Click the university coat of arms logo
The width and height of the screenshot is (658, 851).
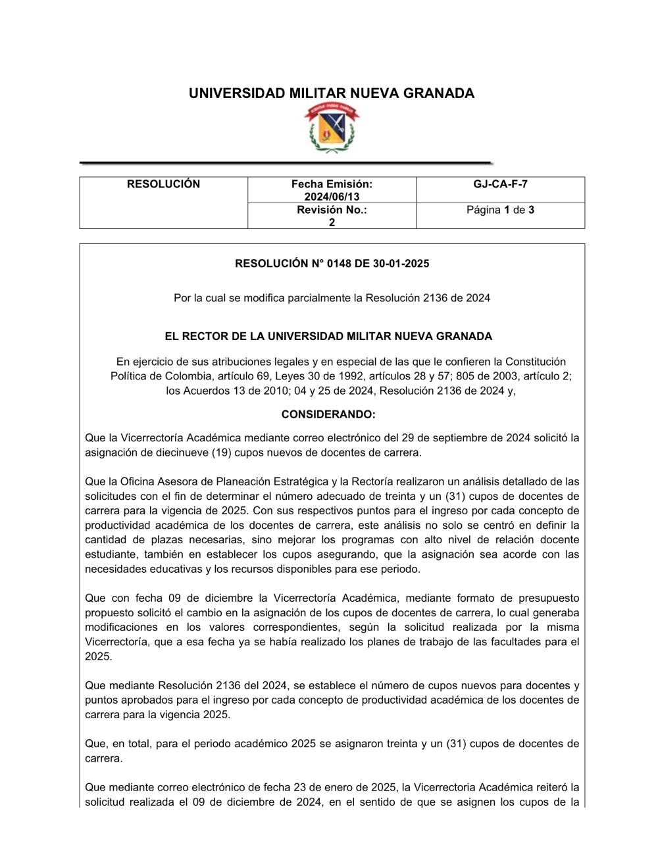332,129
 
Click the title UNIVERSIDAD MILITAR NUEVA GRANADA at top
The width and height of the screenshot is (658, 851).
332,93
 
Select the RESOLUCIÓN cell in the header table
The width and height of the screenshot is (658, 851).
163,185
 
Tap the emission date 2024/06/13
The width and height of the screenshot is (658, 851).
332,197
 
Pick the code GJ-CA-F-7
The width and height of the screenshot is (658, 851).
500,185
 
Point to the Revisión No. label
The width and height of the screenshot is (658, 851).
332,210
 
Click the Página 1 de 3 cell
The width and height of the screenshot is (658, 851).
500,210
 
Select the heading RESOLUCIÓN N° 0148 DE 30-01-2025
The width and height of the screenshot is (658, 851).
332,264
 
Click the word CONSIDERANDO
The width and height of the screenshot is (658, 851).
328,414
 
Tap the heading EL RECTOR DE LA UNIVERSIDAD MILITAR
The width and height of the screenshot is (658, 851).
328,337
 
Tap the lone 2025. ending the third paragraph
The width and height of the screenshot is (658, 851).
99,656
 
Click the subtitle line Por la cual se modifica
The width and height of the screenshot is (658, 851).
332,298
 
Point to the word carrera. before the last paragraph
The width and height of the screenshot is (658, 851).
103,758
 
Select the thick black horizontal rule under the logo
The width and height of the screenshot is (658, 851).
286,162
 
